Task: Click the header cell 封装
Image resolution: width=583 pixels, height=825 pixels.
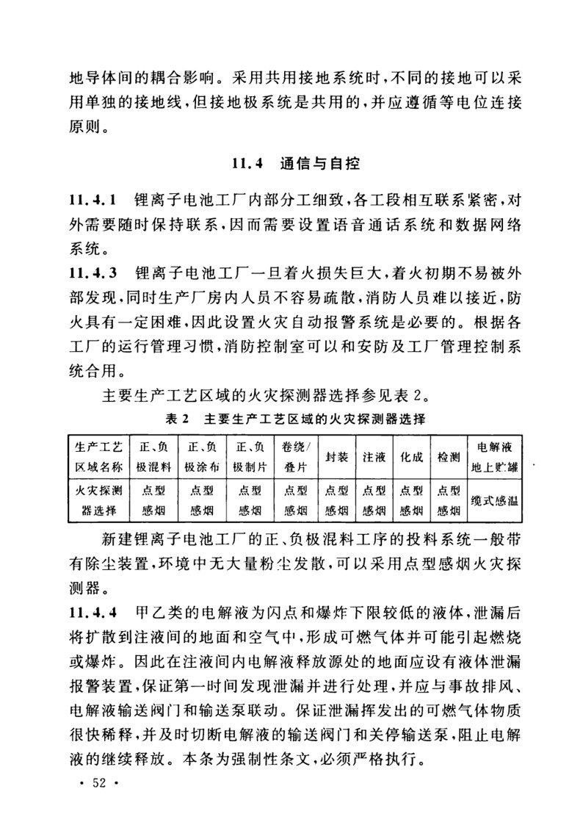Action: (x=336, y=456)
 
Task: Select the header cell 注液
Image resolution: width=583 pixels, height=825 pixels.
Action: (x=374, y=456)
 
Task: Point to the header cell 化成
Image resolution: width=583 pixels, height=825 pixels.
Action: (x=411, y=456)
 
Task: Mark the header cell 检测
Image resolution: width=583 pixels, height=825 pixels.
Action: (x=448, y=456)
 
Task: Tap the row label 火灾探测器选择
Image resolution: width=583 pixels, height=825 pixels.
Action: (x=98, y=500)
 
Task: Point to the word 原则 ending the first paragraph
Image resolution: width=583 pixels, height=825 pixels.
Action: (x=83, y=134)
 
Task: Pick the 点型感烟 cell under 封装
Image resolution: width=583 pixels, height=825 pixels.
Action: (x=336, y=500)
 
